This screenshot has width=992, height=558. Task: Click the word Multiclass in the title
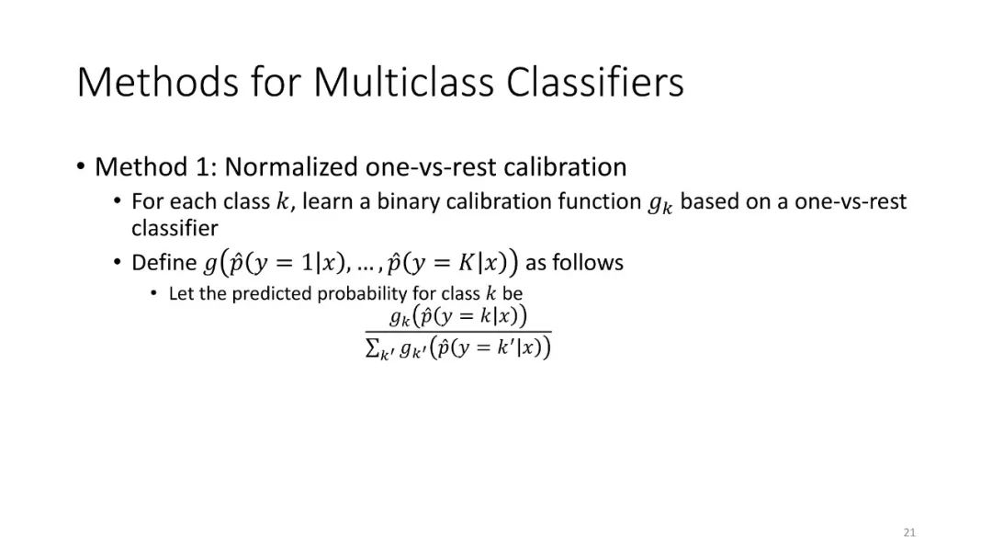point(403,82)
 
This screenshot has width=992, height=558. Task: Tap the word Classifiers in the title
point(594,82)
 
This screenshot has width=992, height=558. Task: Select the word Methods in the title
point(158,82)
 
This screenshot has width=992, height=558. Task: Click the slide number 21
point(909,532)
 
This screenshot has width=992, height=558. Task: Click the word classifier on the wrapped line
point(175,228)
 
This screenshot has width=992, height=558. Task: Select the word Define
point(163,262)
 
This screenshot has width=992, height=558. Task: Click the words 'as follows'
point(574,262)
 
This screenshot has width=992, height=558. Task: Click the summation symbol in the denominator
point(372,347)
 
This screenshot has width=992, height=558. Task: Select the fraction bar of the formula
point(458,331)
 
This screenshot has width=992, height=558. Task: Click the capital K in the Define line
point(466,262)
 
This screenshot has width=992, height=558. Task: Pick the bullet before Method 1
point(80,167)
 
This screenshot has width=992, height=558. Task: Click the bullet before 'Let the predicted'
point(153,294)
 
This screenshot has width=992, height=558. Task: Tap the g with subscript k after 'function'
point(659,203)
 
